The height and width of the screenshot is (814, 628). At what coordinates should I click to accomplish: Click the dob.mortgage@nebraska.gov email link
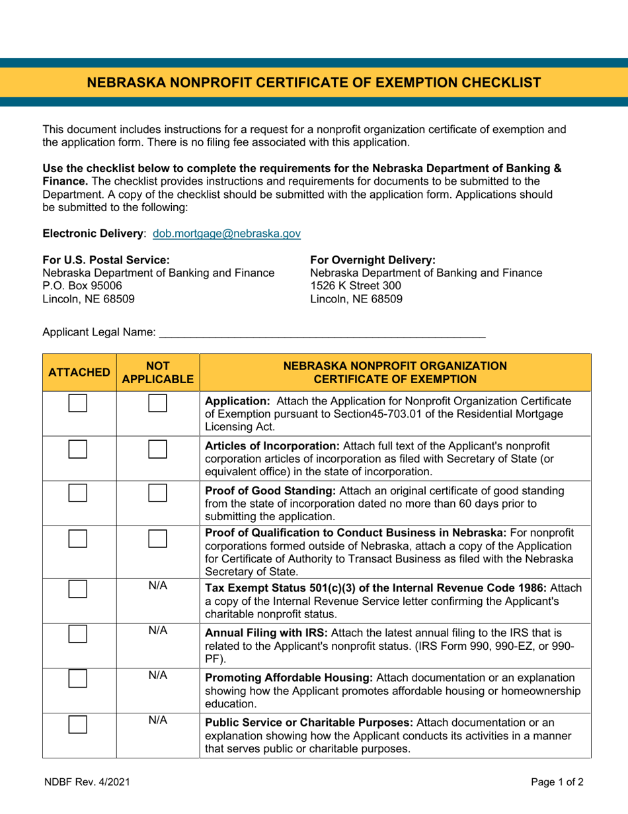(227, 234)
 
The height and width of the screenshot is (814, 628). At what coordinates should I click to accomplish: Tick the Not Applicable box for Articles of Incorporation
(158, 451)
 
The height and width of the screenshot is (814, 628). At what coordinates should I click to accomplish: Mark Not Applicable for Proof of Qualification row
(158, 539)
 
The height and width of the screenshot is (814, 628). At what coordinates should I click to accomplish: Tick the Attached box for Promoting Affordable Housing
(79, 682)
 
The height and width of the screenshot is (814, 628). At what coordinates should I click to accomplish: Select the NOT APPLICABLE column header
(157, 373)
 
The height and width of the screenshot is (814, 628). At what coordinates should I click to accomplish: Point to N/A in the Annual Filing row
(157, 630)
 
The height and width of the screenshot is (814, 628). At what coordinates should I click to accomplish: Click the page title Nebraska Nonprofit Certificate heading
(314, 83)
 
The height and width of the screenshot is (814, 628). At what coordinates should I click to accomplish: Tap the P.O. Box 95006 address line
(82, 286)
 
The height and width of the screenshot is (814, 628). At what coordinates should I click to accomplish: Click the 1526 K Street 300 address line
(355, 286)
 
